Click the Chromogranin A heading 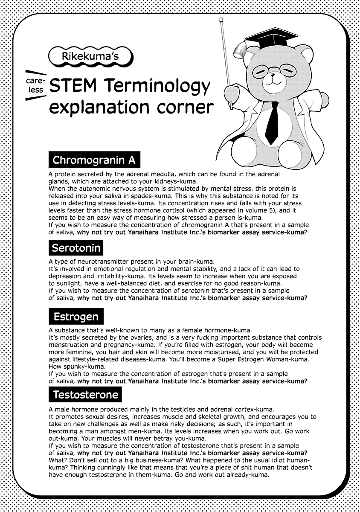[94, 160]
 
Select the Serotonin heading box [76, 247]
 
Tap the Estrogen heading [76, 317]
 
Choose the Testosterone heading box [85, 395]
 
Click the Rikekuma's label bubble [91, 56]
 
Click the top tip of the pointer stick [221, 20]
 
